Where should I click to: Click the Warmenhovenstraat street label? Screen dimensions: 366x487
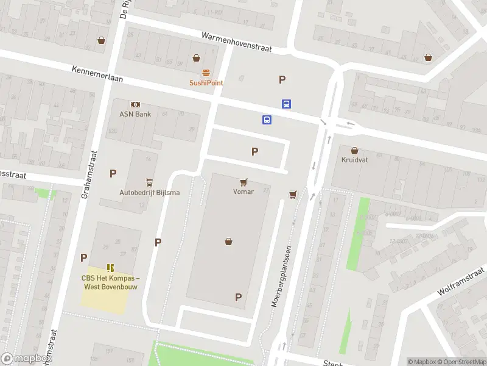(x=237, y=42)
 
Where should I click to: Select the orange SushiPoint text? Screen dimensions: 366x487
(x=206, y=83)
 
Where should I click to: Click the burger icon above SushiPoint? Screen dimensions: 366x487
(x=206, y=73)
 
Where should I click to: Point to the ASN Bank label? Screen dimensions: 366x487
(x=135, y=114)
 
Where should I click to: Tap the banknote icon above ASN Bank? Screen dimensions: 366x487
(x=135, y=104)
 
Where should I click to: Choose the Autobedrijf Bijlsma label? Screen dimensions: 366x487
(x=149, y=193)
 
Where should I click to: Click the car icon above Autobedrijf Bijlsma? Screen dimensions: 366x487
(x=149, y=182)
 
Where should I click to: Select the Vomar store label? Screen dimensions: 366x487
(x=242, y=192)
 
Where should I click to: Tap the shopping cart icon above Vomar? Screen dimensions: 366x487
(x=243, y=181)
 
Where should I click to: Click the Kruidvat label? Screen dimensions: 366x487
(x=355, y=160)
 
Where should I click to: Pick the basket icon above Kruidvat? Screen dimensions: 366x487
(x=355, y=149)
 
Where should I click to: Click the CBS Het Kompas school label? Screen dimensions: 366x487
(x=111, y=282)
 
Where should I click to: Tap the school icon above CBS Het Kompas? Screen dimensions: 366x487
(x=110, y=267)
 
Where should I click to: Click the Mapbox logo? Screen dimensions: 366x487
(x=24, y=359)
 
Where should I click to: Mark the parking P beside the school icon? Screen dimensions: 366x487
(x=83, y=257)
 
